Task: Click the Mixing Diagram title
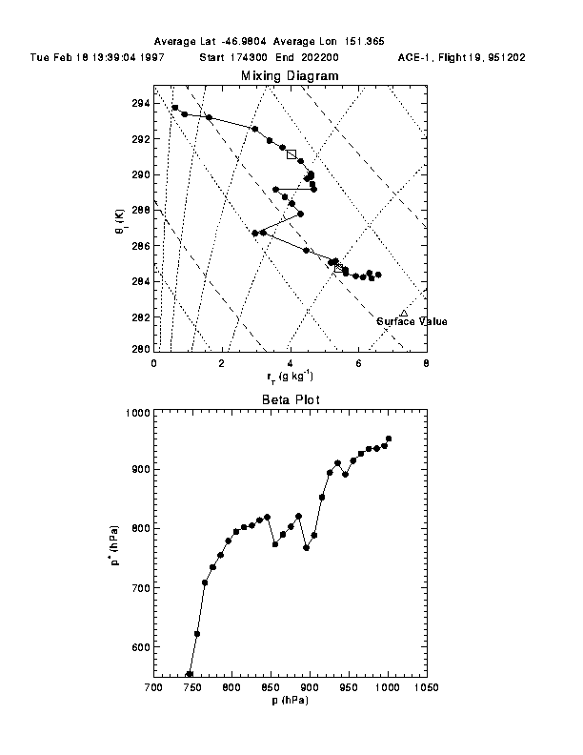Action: click(289, 75)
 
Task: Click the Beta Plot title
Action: click(289, 400)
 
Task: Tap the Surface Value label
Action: click(412, 322)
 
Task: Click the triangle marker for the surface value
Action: click(404, 313)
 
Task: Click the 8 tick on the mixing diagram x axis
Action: click(426, 363)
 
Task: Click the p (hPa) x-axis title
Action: click(289, 701)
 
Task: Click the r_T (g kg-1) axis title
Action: click(289, 377)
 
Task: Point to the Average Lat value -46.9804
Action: click(247, 43)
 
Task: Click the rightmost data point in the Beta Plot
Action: click(389, 439)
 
